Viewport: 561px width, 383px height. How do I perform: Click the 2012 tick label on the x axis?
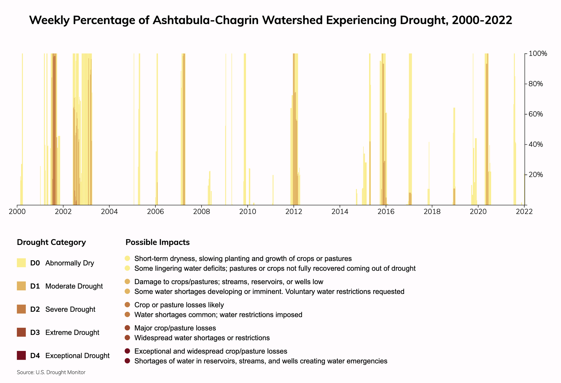coord(294,212)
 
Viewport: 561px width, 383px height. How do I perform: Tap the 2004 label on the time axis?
coord(109,212)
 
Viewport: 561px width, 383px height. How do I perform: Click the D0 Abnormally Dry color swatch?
coord(21,263)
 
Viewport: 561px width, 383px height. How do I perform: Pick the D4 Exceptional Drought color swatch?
coord(21,356)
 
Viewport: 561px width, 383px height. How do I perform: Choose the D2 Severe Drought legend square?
coord(21,309)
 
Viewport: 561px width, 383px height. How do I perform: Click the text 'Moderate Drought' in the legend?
coord(74,286)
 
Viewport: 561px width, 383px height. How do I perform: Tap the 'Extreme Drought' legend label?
coord(72,333)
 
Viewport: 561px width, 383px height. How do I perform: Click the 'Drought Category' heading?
coord(51,242)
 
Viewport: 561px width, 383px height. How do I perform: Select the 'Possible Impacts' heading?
coord(158,242)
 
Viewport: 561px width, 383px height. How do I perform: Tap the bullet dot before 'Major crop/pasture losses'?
coord(127,328)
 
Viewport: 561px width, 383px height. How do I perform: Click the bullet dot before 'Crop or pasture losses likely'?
coord(127,305)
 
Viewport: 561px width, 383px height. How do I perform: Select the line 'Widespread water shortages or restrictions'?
coord(202,338)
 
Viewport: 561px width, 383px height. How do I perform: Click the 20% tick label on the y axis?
coord(536,175)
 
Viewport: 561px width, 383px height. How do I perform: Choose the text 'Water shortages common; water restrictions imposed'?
coord(218,315)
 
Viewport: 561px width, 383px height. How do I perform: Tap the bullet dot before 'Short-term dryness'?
coord(127,258)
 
